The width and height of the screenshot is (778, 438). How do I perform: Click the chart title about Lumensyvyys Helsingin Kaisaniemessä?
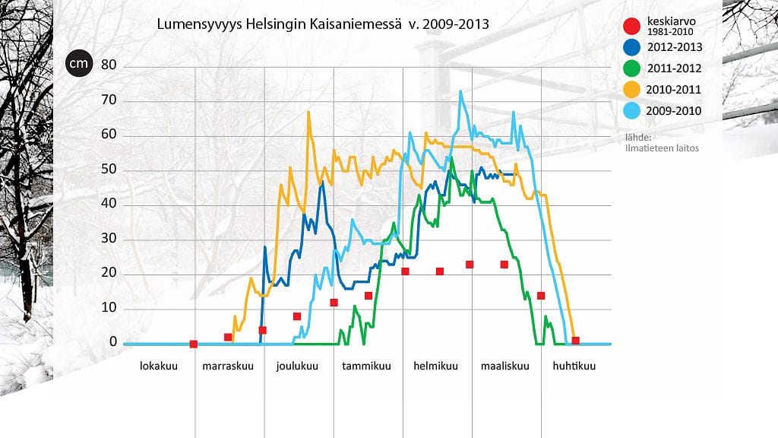(322, 24)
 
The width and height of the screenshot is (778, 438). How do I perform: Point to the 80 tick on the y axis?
(109, 65)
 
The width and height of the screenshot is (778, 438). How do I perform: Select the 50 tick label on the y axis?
(109, 170)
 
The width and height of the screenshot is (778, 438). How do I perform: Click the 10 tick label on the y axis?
(109, 308)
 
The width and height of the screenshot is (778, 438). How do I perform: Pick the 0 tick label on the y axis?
(113, 342)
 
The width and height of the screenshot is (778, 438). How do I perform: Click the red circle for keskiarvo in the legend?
(633, 27)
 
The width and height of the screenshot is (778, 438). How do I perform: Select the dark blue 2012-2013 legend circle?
(633, 47)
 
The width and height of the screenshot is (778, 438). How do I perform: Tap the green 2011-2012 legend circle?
(633, 68)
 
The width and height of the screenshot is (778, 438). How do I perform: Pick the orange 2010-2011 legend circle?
(633, 90)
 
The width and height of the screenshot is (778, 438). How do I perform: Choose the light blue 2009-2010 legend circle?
(633, 112)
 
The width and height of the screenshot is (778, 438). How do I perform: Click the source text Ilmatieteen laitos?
(660, 148)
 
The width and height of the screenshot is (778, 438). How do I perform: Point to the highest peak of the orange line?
(308, 113)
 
